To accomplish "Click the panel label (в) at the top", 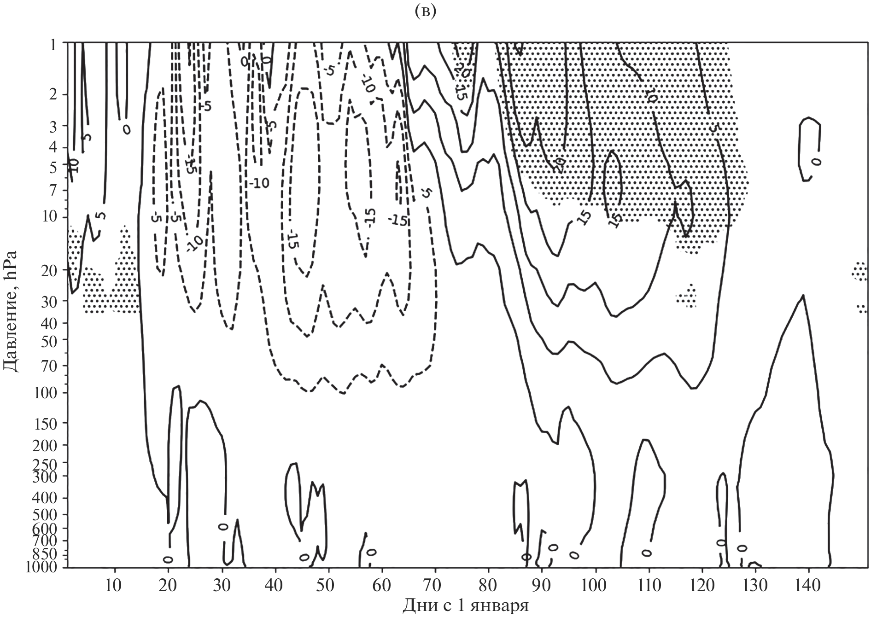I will click(x=423, y=12).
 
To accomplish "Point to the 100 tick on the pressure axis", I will click(x=49, y=393).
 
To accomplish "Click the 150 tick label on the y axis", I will click(x=49, y=423).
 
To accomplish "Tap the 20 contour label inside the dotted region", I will click(x=559, y=163).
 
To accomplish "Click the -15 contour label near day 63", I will click(x=397, y=220).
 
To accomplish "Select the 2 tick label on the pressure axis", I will click(x=56, y=94).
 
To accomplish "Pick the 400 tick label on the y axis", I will click(x=49, y=498).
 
